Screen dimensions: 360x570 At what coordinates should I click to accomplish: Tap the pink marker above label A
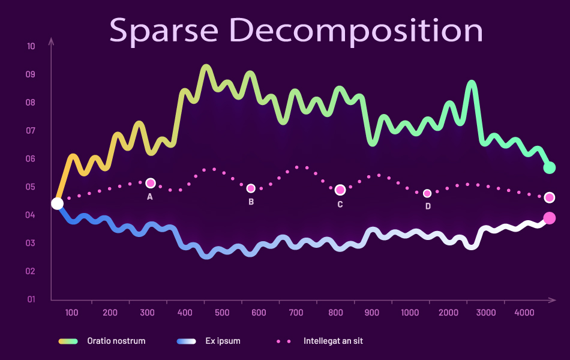(x=151, y=183)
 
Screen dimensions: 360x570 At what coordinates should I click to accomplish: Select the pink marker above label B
(x=251, y=188)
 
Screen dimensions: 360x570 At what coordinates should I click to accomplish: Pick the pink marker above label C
(x=340, y=190)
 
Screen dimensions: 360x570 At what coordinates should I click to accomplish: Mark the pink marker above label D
(x=427, y=193)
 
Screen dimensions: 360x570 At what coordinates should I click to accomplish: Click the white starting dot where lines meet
(x=57, y=203)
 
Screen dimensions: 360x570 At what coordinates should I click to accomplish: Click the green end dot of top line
(x=549, y=168)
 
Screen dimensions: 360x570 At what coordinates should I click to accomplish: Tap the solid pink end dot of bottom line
(x=549, y=218)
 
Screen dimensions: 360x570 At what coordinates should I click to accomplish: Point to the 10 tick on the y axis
(x=31, y=47)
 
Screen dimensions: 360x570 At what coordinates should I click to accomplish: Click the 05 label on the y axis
(x=31, y=187)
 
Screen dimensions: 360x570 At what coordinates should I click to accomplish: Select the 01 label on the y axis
(x=31, y=299)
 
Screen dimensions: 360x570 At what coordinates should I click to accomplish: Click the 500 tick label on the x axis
(x=222, y=313)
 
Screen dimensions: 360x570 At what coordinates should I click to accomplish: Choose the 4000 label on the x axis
(x=525, y=313)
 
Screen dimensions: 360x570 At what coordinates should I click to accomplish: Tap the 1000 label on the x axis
(x=410, y=313)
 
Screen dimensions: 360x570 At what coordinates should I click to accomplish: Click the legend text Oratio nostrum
(x=116, y=341)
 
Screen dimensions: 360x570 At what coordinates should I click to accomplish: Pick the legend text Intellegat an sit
(x=333, y=341)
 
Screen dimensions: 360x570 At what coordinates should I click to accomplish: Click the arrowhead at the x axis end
(x=551, y=299)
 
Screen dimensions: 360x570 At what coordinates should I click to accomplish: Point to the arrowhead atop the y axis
(x=52, y=41)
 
